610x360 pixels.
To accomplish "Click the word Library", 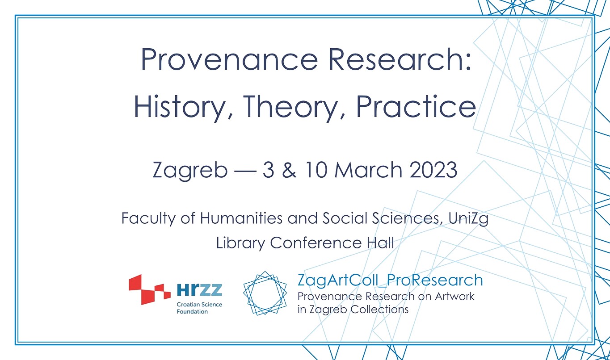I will point(240,243).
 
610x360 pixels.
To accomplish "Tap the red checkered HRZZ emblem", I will point(149,289).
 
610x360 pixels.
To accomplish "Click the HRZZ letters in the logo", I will point(199,291).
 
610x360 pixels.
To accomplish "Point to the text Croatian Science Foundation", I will point(199,308).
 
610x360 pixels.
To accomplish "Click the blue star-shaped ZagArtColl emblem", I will point(265,293).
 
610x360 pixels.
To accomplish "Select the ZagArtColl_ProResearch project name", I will point(390,280).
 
